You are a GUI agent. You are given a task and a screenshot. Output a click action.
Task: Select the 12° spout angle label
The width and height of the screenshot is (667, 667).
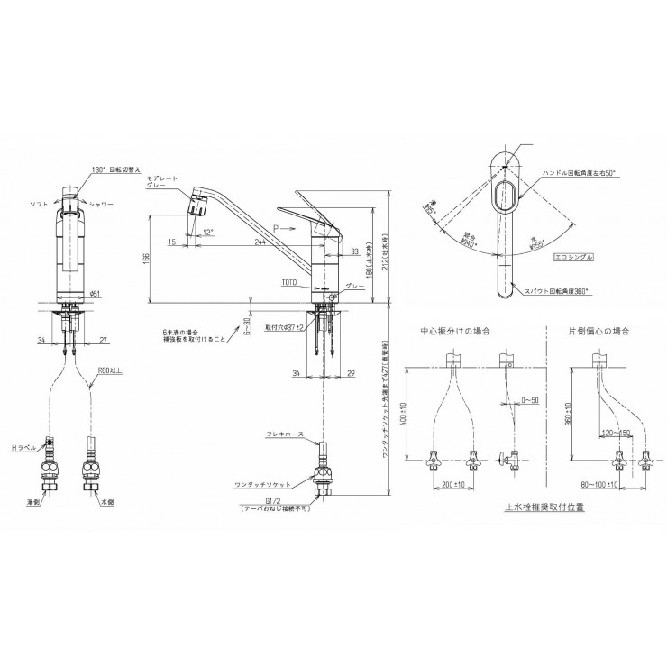(x=209, y=233)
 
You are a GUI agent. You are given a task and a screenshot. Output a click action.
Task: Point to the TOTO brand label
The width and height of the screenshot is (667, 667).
(x=288, y=281)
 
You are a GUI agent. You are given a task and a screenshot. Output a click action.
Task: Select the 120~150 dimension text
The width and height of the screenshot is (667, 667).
(x=617, y=432)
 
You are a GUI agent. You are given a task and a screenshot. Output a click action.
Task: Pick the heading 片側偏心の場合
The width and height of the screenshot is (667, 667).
(x=599, y=332)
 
